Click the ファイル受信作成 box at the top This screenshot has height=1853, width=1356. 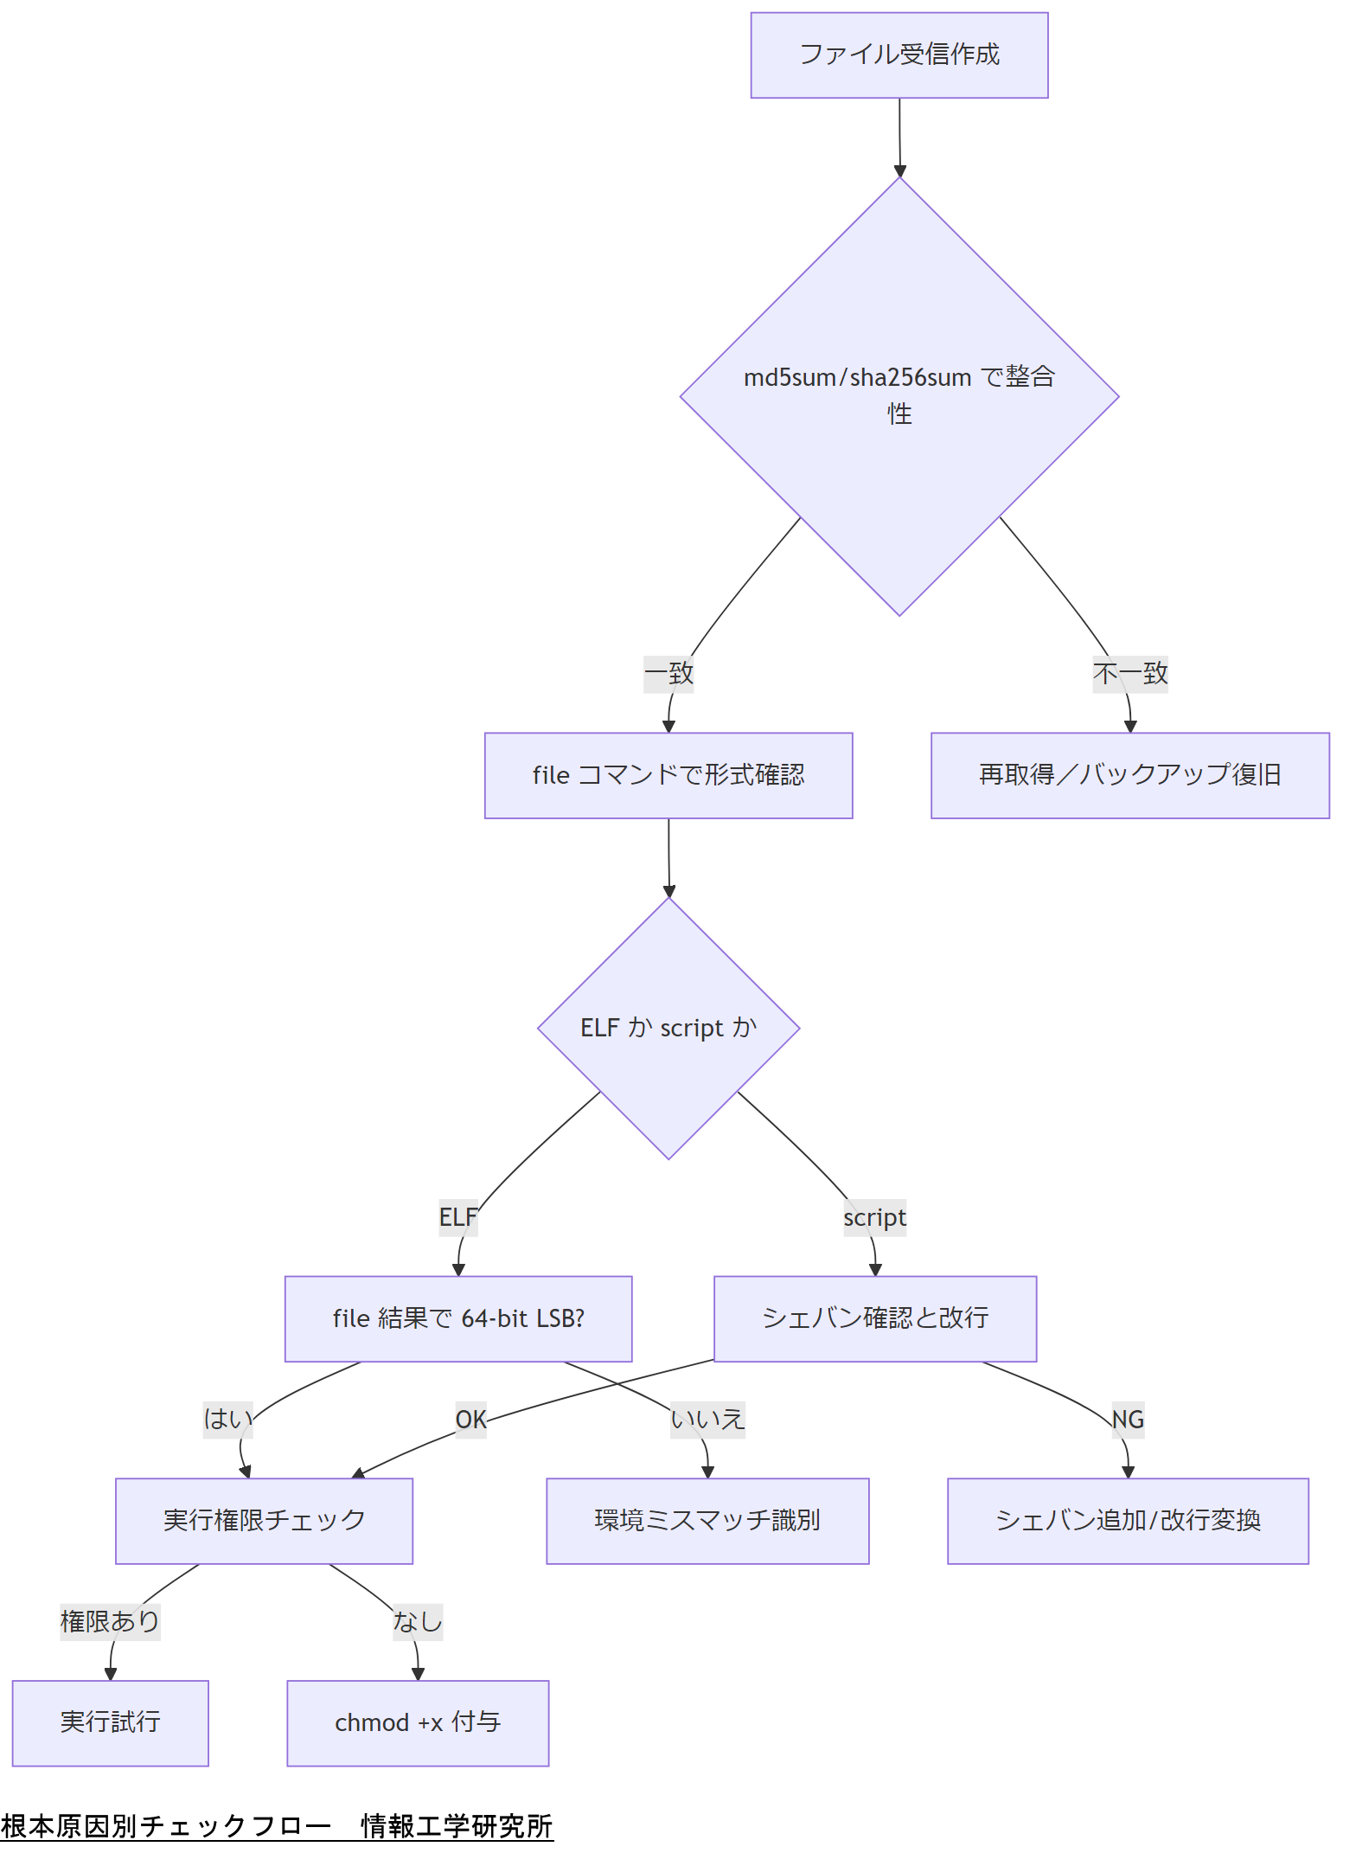pos(899,55)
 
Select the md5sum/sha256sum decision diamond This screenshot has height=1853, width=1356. pos(899,396)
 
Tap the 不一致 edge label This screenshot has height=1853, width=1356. pos(1129,674)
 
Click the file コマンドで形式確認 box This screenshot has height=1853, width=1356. pos(668,775)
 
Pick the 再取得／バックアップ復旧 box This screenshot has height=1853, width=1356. pos(1129,775)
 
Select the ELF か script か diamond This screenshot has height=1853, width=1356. pos(668,1028)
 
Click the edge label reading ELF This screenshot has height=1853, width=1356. pos(457,1217)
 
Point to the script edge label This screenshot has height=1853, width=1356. pos(874,1217)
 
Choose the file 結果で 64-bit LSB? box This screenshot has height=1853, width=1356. pos(457,1318)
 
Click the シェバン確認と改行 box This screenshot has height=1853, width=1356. pos(874,1318)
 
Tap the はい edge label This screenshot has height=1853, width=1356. pos(227,1420)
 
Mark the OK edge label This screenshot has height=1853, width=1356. pos(470,1420)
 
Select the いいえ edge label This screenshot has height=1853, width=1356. pos(707,1420)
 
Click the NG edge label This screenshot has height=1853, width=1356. pos(1128,1420)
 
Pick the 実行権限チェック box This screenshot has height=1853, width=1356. pos(264,1521)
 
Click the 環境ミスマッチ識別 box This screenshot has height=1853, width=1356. pos(707,1521)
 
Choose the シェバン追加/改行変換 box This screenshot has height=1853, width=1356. pos(1128,1521)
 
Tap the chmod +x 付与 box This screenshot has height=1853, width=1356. pos(418,1723)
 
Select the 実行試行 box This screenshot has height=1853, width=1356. pos(110,1723)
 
